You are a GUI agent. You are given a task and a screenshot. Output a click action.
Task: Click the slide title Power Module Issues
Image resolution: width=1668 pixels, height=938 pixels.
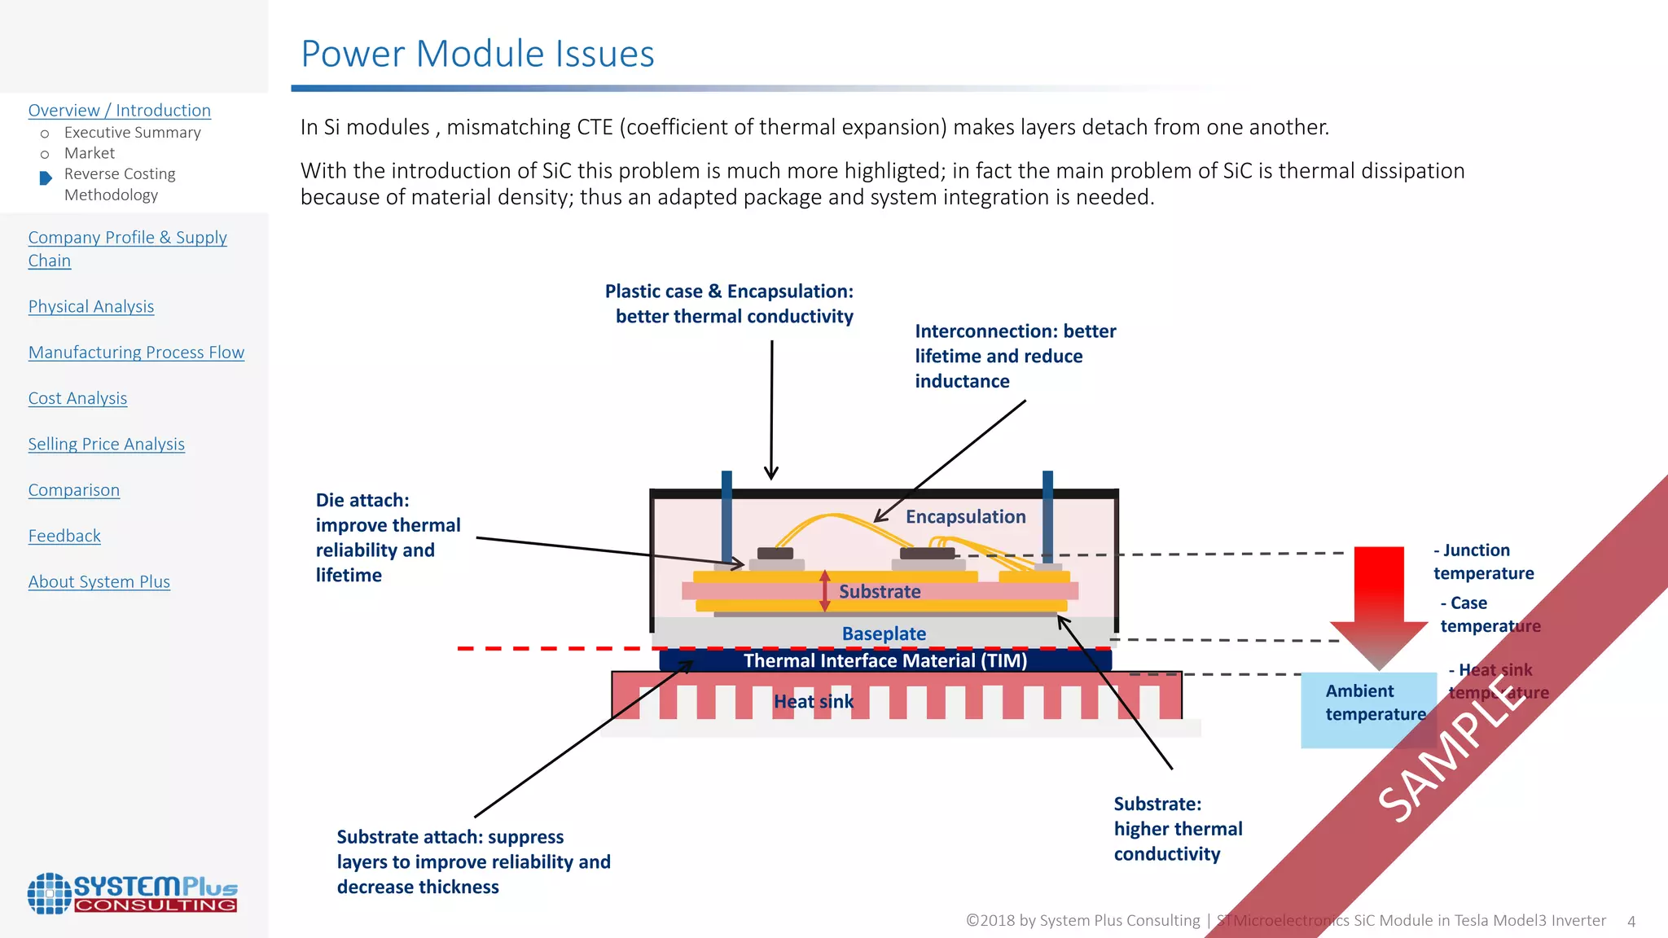[x=477, y=54]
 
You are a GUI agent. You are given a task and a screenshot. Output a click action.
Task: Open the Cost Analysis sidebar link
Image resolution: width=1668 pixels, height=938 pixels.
[x=77, y=398]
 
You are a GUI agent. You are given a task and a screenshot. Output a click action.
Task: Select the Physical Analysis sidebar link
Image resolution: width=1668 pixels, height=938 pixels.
[x=91, y=306]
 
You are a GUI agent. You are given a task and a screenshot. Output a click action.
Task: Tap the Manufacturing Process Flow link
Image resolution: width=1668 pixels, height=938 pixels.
[x=136, y=352]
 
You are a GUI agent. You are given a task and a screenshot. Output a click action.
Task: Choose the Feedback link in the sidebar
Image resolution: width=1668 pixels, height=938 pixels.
[x=64, y=536]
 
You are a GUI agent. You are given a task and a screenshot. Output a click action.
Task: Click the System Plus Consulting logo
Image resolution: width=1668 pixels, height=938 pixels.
[x=132, y=893]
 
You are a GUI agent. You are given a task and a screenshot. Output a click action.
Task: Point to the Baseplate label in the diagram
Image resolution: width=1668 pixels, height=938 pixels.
[x=884, y=633]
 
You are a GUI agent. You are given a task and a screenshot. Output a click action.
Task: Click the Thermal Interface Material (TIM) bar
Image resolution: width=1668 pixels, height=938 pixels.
[x=884, y=660]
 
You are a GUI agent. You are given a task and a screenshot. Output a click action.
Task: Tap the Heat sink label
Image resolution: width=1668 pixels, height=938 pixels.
[x=813, y=702]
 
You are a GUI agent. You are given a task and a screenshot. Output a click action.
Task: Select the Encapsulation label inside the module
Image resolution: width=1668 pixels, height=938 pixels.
[x=965, y=517]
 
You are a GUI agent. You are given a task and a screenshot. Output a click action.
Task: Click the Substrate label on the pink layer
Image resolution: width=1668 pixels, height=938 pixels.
[x=880, y=592]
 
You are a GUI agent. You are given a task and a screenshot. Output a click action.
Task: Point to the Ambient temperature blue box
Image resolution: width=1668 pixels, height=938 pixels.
[x=1368, y=708]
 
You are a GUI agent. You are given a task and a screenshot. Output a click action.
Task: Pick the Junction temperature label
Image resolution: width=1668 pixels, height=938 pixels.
[x=1483, y=562]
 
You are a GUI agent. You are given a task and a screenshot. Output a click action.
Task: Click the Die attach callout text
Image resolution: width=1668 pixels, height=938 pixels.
[x=388, y=537]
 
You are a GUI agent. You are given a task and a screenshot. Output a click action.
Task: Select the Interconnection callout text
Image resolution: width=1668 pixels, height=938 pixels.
[x=1014, y=356]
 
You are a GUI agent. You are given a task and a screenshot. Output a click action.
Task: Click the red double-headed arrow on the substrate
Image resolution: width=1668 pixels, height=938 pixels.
[x=824, y=591]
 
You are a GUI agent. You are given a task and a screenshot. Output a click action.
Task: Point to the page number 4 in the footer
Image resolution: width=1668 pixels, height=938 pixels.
[x=1631, y=921]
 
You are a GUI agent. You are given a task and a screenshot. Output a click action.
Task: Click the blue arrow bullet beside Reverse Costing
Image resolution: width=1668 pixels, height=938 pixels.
[x=46, y=178]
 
